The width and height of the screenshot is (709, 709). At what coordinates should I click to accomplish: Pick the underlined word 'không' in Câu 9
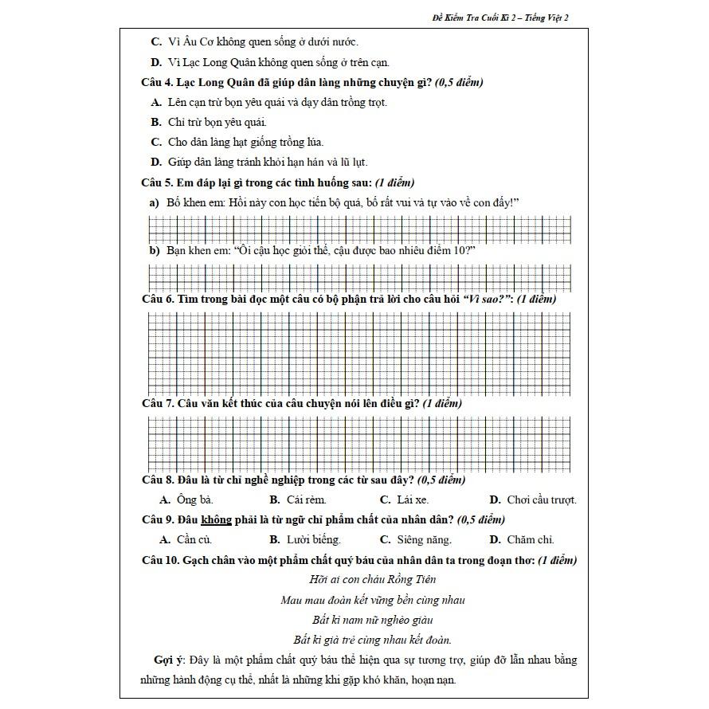click(x=216, y=519)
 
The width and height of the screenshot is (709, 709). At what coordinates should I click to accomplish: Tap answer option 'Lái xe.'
click(x=412, y=500)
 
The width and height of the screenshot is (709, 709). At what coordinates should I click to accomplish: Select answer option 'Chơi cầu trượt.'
click(x=541, y=500)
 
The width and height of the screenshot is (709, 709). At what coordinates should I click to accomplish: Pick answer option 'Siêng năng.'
click(x=424, y=540)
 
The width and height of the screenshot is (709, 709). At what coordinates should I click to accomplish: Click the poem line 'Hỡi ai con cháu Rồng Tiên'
click(x=372, y=580)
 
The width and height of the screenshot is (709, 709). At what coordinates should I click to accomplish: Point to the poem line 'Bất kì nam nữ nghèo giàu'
click(x=372, y=620)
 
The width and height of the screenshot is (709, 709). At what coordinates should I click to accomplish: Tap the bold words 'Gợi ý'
click(x=169, y=660)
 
